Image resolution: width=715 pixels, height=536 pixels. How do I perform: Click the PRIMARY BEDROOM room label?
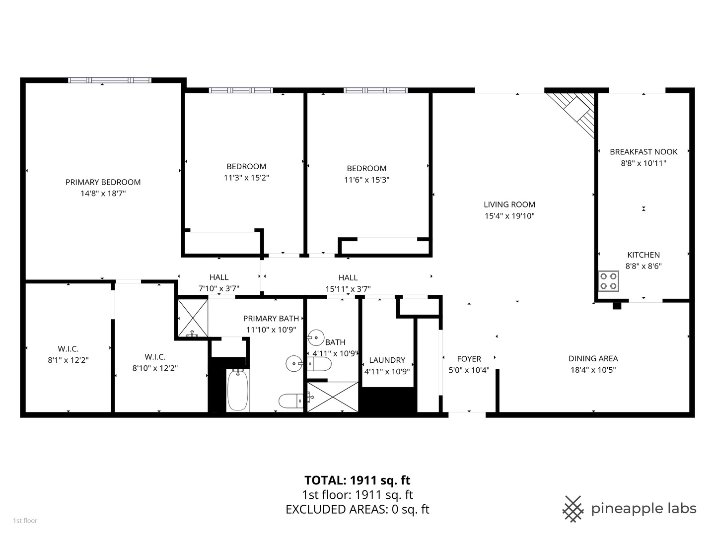point(103,182)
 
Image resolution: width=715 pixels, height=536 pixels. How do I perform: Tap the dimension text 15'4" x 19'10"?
point(509,216)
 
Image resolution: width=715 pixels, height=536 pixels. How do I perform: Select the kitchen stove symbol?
point(608,280)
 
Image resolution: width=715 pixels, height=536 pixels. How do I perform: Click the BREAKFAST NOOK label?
point(643,152)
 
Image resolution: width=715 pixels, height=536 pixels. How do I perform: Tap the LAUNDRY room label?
point(387,360)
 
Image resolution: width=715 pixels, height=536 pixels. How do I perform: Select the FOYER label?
point(469,358)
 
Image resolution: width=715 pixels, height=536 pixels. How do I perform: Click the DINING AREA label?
point(593,358)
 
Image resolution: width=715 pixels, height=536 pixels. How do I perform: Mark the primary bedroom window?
point(109,80)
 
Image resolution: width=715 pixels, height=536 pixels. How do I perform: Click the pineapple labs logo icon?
point(572,509)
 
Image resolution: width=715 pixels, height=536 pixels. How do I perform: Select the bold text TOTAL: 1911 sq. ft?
point(357,480)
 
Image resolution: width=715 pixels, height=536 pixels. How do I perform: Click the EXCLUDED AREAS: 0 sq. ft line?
point(357,509)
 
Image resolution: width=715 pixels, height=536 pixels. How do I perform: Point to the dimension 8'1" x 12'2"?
point(68,360)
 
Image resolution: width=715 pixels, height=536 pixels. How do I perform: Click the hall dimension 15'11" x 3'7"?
point(348,289)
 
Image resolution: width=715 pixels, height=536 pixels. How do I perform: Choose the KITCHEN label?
point(643,255)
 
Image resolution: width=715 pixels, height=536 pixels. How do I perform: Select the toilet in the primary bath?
point(291,400)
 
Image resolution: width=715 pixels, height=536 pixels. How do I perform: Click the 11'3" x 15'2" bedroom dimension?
point(246,178)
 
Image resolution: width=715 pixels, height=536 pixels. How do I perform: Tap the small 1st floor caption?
point(25,521)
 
